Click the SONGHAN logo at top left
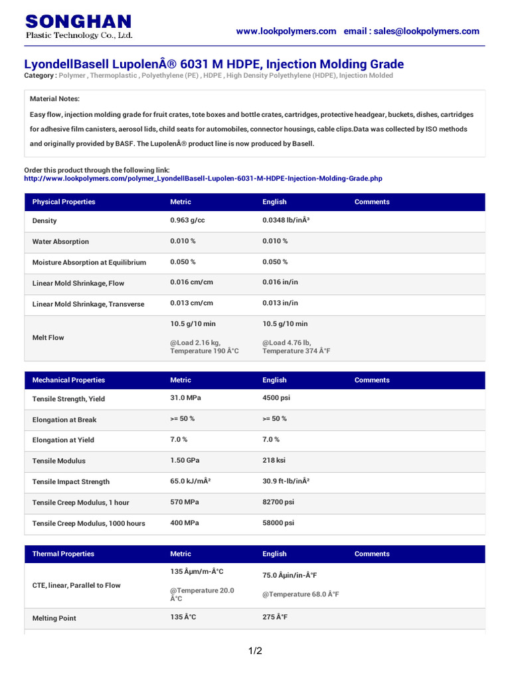78,27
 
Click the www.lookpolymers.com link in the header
286,31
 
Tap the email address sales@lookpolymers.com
426,31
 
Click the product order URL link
203,179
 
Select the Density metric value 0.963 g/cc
188,220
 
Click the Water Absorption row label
60,242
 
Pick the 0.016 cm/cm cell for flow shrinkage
192,282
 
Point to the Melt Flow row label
48,338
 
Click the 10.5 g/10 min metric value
193,324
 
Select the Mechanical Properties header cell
68,381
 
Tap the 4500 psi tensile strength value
276,398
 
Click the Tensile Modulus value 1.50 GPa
185,461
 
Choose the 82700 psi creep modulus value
278,503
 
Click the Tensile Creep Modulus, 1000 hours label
88,524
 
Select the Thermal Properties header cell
63,554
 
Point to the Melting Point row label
54,618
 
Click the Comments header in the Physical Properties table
372,202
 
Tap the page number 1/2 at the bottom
255,651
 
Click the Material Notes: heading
54,99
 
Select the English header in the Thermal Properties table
274,554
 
